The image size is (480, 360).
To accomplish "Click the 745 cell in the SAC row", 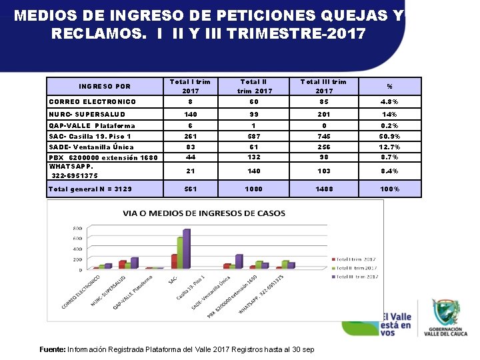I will (324, 136).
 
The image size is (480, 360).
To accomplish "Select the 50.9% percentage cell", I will (389, 136).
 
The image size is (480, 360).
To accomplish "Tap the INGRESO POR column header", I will (105, 86).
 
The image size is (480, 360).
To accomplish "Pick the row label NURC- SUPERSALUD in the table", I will (87, 114).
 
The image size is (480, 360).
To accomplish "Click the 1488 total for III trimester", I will (324, 189).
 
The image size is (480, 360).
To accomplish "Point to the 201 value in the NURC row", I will (324, 114).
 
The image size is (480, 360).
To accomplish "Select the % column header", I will (389, 86).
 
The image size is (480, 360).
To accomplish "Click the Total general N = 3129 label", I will (91, 189).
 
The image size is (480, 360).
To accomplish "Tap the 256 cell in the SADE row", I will (324, 147).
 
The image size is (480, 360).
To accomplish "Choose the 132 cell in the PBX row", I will (254, 157).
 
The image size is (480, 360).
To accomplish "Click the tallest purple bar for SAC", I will (187, 249).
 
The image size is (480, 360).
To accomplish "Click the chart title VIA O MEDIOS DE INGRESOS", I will (204, 213).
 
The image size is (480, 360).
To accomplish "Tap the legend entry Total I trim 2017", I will (356, 259).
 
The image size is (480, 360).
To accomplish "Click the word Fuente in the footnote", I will (52, 349).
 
